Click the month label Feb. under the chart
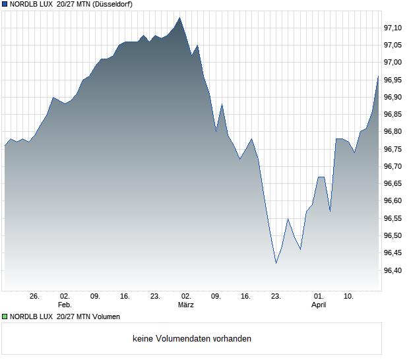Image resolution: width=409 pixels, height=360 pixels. click(x=64, y=305)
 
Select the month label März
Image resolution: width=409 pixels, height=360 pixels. click(x=186, y=305)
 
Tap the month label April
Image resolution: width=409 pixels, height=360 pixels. click(x=319, y=305)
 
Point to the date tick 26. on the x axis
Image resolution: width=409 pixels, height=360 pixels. click(x=35, y=297)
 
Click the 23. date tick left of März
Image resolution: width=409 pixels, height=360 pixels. click(x=156, y=297)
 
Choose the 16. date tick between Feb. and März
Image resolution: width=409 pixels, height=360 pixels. click(x=125, y=297)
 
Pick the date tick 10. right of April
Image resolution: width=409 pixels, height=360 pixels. click(x=349, y=297)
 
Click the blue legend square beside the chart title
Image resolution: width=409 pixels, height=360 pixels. click(x=5, y=5)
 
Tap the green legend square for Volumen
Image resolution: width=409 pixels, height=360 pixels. click(x=5, y=317)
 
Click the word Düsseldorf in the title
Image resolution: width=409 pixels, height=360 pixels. click(x=113, y=5)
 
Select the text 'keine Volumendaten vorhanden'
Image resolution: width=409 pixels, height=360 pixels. click(x=192, y=339)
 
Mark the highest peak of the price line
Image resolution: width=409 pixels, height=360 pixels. click(x=179, y=18)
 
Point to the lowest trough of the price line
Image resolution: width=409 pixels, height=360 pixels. click(x=276, y=263)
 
